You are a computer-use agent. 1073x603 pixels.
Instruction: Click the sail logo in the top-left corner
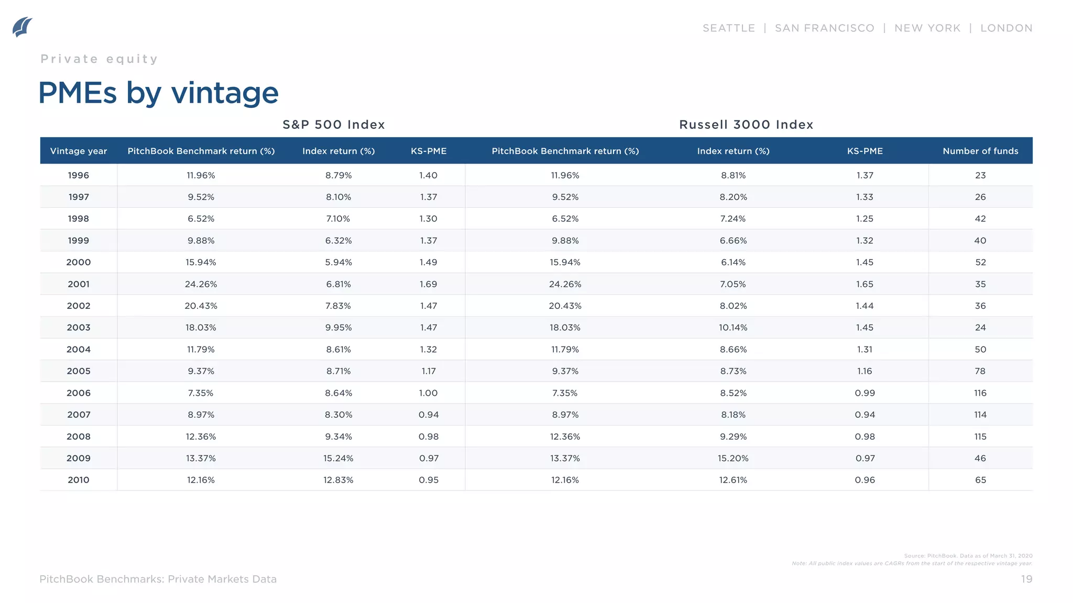22,27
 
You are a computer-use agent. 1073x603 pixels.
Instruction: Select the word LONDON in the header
1006,28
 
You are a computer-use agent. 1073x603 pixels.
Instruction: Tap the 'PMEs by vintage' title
158,93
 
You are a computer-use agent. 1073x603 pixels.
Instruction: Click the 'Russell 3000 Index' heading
746,125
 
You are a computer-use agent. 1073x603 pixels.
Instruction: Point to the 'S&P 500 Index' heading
334,125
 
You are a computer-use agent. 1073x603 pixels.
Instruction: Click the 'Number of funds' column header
980,151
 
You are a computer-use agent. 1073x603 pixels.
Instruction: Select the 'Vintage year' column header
79,151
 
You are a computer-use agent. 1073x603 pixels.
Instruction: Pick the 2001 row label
79,284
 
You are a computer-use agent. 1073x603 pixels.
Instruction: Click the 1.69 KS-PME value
428,284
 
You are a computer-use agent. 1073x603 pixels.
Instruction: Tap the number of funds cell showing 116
980,393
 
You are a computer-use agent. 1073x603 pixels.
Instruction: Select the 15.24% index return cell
338,459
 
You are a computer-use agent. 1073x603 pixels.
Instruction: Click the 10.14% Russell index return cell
733,328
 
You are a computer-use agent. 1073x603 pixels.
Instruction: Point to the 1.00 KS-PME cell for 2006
428,393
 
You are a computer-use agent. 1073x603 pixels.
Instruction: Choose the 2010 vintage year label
79,480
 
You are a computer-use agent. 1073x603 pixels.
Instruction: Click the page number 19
1026,579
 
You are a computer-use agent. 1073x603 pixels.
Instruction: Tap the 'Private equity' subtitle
99,59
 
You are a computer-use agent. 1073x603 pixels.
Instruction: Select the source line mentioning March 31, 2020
968,556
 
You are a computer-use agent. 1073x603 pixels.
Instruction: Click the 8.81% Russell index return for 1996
733,175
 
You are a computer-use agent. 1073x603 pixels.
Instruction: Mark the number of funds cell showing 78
980,371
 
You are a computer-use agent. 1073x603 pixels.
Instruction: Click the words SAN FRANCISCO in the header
825,28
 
